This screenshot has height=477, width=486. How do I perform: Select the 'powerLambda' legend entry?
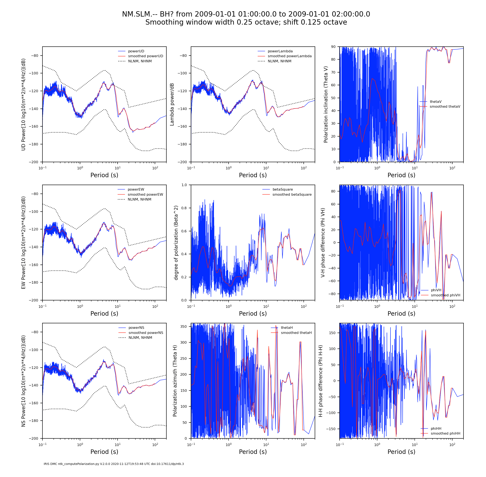[x=280, y=51]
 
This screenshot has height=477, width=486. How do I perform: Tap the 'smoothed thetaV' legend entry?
[x=445, y=106]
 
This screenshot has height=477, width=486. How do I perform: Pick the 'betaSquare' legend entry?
[x=283, y=189]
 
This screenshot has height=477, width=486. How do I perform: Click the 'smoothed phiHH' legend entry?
[x=445, y=433]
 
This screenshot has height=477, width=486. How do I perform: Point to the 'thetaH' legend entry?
[x=287, y=328]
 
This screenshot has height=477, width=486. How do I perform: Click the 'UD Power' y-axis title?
[x=24, y=105]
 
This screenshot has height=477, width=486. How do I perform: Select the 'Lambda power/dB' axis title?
[x=172, y=105]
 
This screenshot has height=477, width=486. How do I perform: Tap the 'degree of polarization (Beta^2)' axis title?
[x=176, y=243]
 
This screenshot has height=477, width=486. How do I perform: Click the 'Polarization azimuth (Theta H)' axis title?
[x=175, y=381]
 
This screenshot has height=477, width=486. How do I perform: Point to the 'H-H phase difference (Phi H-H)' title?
[x=320, y=381]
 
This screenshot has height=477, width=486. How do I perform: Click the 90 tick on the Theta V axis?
[x=333, y=47]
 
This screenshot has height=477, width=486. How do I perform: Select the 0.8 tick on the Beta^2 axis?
[x=184, y=208]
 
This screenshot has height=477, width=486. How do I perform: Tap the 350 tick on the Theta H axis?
[x=184, y=326]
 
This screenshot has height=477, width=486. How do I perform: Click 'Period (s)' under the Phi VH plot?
[x=401, y=313]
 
